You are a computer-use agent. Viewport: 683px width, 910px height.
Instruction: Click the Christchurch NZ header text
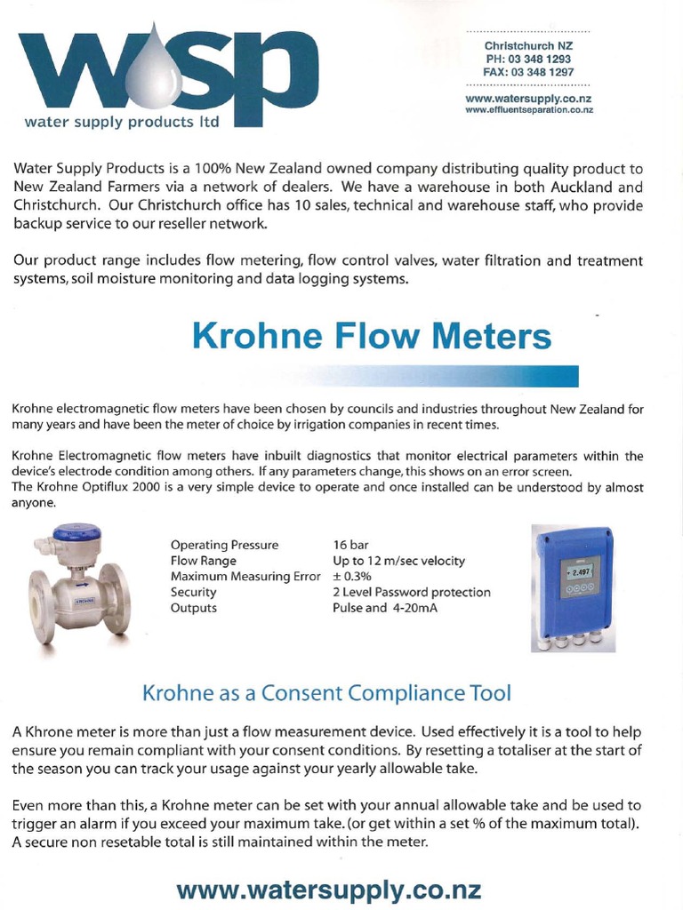tap(528, 45)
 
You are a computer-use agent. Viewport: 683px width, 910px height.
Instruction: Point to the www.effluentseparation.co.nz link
tap(529, 110)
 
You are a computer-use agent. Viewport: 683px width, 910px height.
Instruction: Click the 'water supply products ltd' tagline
tap(121, 121)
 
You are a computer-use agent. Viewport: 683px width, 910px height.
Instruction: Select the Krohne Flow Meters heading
tap(372, 337)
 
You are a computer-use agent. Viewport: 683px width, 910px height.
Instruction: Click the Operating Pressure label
tap(224, 545)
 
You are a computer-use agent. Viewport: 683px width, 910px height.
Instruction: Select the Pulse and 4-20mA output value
tap(385, 609)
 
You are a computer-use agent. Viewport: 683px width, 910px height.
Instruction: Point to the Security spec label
tap(194, 593)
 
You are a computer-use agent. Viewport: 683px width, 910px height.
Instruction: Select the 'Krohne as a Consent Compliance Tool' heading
tap(327, 691)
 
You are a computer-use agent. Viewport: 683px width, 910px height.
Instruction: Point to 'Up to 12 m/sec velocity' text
tap(398, 561)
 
